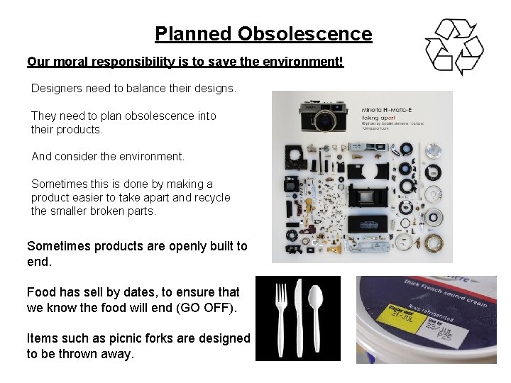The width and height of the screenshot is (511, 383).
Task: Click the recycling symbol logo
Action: pos(454,47)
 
